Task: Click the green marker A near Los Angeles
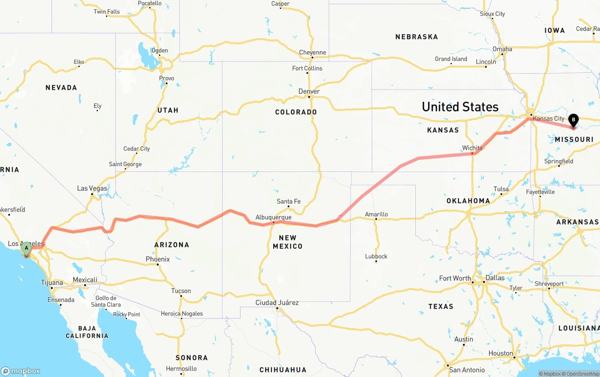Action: pyautogui.click(x=27, y=247)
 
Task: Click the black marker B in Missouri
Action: pyautogui.click(x=573, y=120)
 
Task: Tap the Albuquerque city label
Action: pyautogui.click(x=273, y=217)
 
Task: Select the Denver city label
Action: pyautogui.click(x=309, y=92)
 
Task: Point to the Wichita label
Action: pyautogui.click(x=472, y=148)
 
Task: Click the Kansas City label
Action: pyautogui.click(x=548, y=118)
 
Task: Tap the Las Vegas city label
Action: pyautogui.click(x=92, y=188)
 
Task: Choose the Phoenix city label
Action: pyautogui.click(x=157, y=259)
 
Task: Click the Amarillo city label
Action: pyautogui.click(x=376, y=215)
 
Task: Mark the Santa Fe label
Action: pyautogui.click(x=288, y=201)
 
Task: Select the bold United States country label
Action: pyautogui.click(x=460, y=107)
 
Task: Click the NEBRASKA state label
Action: pyautogui.click(x=416, y=37)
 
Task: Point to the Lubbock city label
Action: pyautogui.click(x=376, y=256)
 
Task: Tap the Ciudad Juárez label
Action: pyautogui.click(x=277, y=302)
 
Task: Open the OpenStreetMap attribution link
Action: pyautogui.click(x=582, y=374)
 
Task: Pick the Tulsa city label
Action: pyautogui.click(x=501, y=189)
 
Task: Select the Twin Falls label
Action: pyautogui.click(x=106, y=12)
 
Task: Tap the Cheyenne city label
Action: pyautogui.click(x=312, y=53)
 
